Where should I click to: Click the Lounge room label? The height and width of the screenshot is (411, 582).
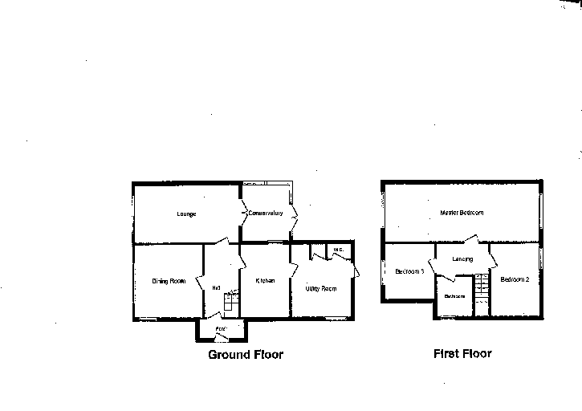click(187, 214)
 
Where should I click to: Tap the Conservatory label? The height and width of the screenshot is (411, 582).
click(265, 214)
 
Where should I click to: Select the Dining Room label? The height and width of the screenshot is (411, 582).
click(169, 281)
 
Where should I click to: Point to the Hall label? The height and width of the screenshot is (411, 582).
click(216, 287)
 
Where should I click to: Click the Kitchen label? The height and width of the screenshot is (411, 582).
click(265, 281)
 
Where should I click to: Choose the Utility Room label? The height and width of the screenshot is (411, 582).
click(320, 287)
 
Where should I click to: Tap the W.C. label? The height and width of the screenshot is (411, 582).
click(338, 250)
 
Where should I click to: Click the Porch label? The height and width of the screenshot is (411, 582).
click(222, 329)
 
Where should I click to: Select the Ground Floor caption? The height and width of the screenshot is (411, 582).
click(246, 354)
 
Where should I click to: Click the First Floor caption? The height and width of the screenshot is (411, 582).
click(462, 353)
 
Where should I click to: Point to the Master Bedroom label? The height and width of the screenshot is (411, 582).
click(462, 213)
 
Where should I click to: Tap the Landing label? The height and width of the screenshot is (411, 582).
click(462, 259)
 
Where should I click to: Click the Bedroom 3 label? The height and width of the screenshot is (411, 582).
click(409, 271)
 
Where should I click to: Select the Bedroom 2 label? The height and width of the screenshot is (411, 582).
click(515, 280)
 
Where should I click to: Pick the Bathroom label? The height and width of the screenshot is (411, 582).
click(454, 296)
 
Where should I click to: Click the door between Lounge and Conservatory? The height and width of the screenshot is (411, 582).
click(242, 214)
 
